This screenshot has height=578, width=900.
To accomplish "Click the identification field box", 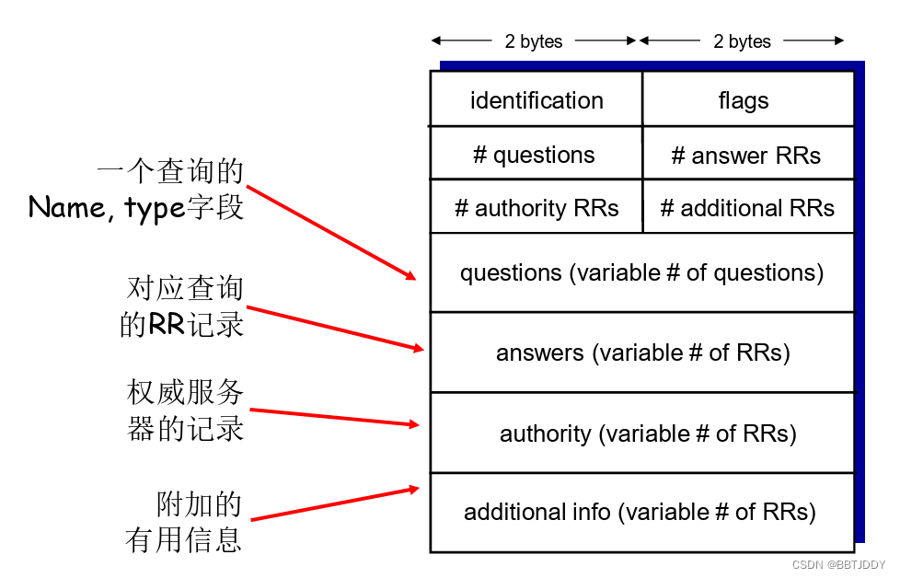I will [537, 99].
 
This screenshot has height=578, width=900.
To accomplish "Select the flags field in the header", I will [744, 99].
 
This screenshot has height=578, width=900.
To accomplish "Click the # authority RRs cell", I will [537, 208].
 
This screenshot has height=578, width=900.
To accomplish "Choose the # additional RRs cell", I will [747, 208].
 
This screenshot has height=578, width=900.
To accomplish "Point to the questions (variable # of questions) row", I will [641, 272].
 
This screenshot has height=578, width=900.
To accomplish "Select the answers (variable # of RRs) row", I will [641, 353].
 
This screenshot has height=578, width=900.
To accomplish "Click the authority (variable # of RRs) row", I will [647, 433].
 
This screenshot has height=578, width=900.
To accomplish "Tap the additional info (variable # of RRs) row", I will [640, 512].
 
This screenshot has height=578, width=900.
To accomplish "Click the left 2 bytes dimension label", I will [533, 41].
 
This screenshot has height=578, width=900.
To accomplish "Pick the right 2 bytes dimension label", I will [742, 41].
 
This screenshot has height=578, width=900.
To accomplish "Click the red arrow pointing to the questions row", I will [331, 231].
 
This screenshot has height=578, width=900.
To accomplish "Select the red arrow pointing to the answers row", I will [335, 329].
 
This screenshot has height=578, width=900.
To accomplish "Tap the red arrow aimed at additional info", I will [335, 503].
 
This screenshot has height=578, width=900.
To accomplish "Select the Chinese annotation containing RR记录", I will [182, 307].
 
